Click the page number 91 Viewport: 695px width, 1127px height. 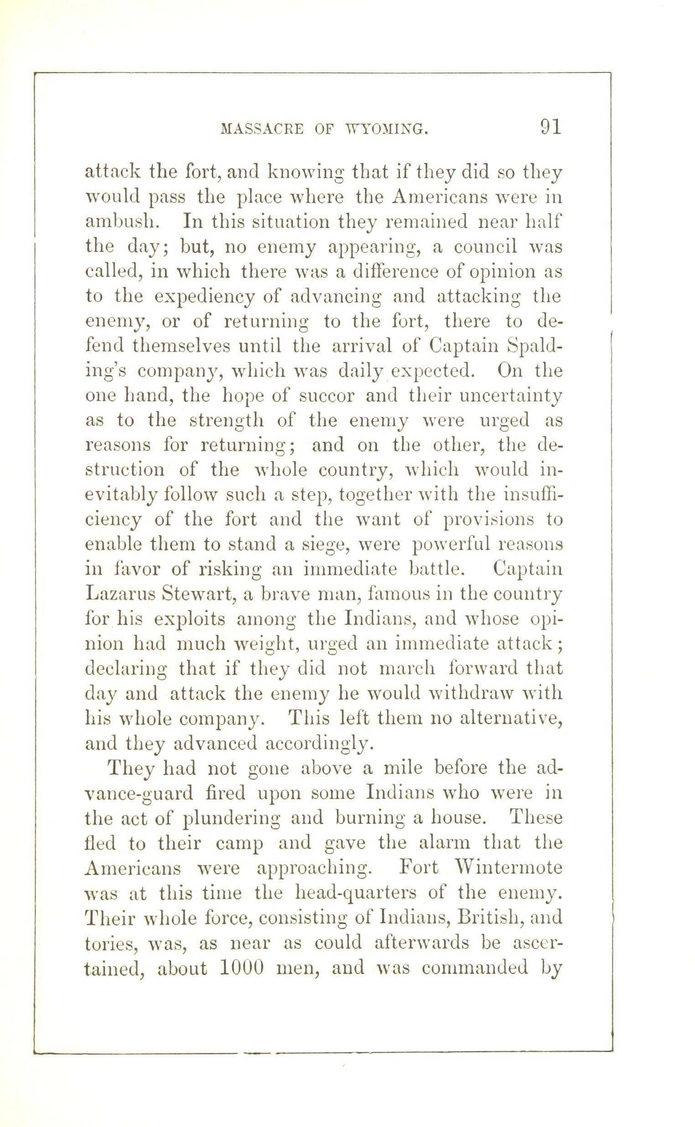pyautogui.click(x=551, y=127)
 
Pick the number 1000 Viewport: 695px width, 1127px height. pyautogui.click(x=241, y=967)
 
